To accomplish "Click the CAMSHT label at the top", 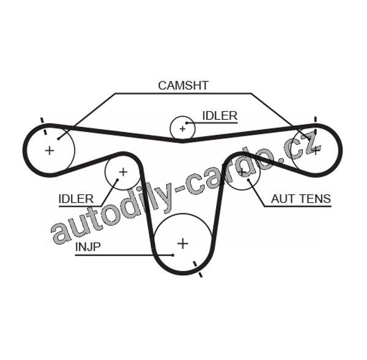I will (x=183, y=86).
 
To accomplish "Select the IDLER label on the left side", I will (x=76, y=199).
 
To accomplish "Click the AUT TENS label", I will (x=301, y=199).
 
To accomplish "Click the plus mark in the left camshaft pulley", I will (x=50, y=150).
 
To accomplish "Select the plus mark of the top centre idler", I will (x=182, y=129).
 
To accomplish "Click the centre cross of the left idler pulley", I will (x=122, y=172).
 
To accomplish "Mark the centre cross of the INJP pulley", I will (x=182, y=244).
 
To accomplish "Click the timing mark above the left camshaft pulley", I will (x=42, y=121).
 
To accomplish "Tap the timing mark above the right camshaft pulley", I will (x=315, y=120).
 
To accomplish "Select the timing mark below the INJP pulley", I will (x=198, y=270).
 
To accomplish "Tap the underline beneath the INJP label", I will (x=113, y=254).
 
